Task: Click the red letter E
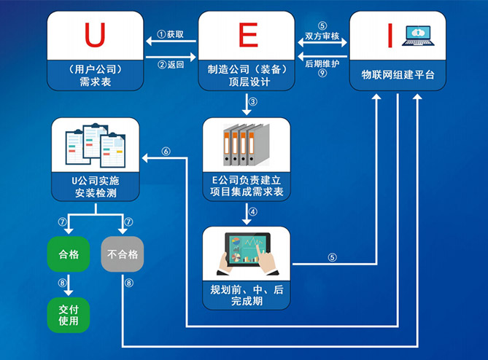click(249, 34)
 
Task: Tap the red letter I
click(390, 34)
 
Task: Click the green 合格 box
click(68, 254)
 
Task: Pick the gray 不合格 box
click(122, 254)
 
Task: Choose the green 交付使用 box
click(68, 313)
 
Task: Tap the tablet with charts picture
click(245, 253)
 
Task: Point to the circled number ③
click(252, 101)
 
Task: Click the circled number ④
click(252, 213)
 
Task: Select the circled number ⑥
click(166, 152)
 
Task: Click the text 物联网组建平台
click(398, 75)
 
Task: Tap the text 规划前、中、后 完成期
click(246, 294)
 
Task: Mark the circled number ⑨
click(322, 73)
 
